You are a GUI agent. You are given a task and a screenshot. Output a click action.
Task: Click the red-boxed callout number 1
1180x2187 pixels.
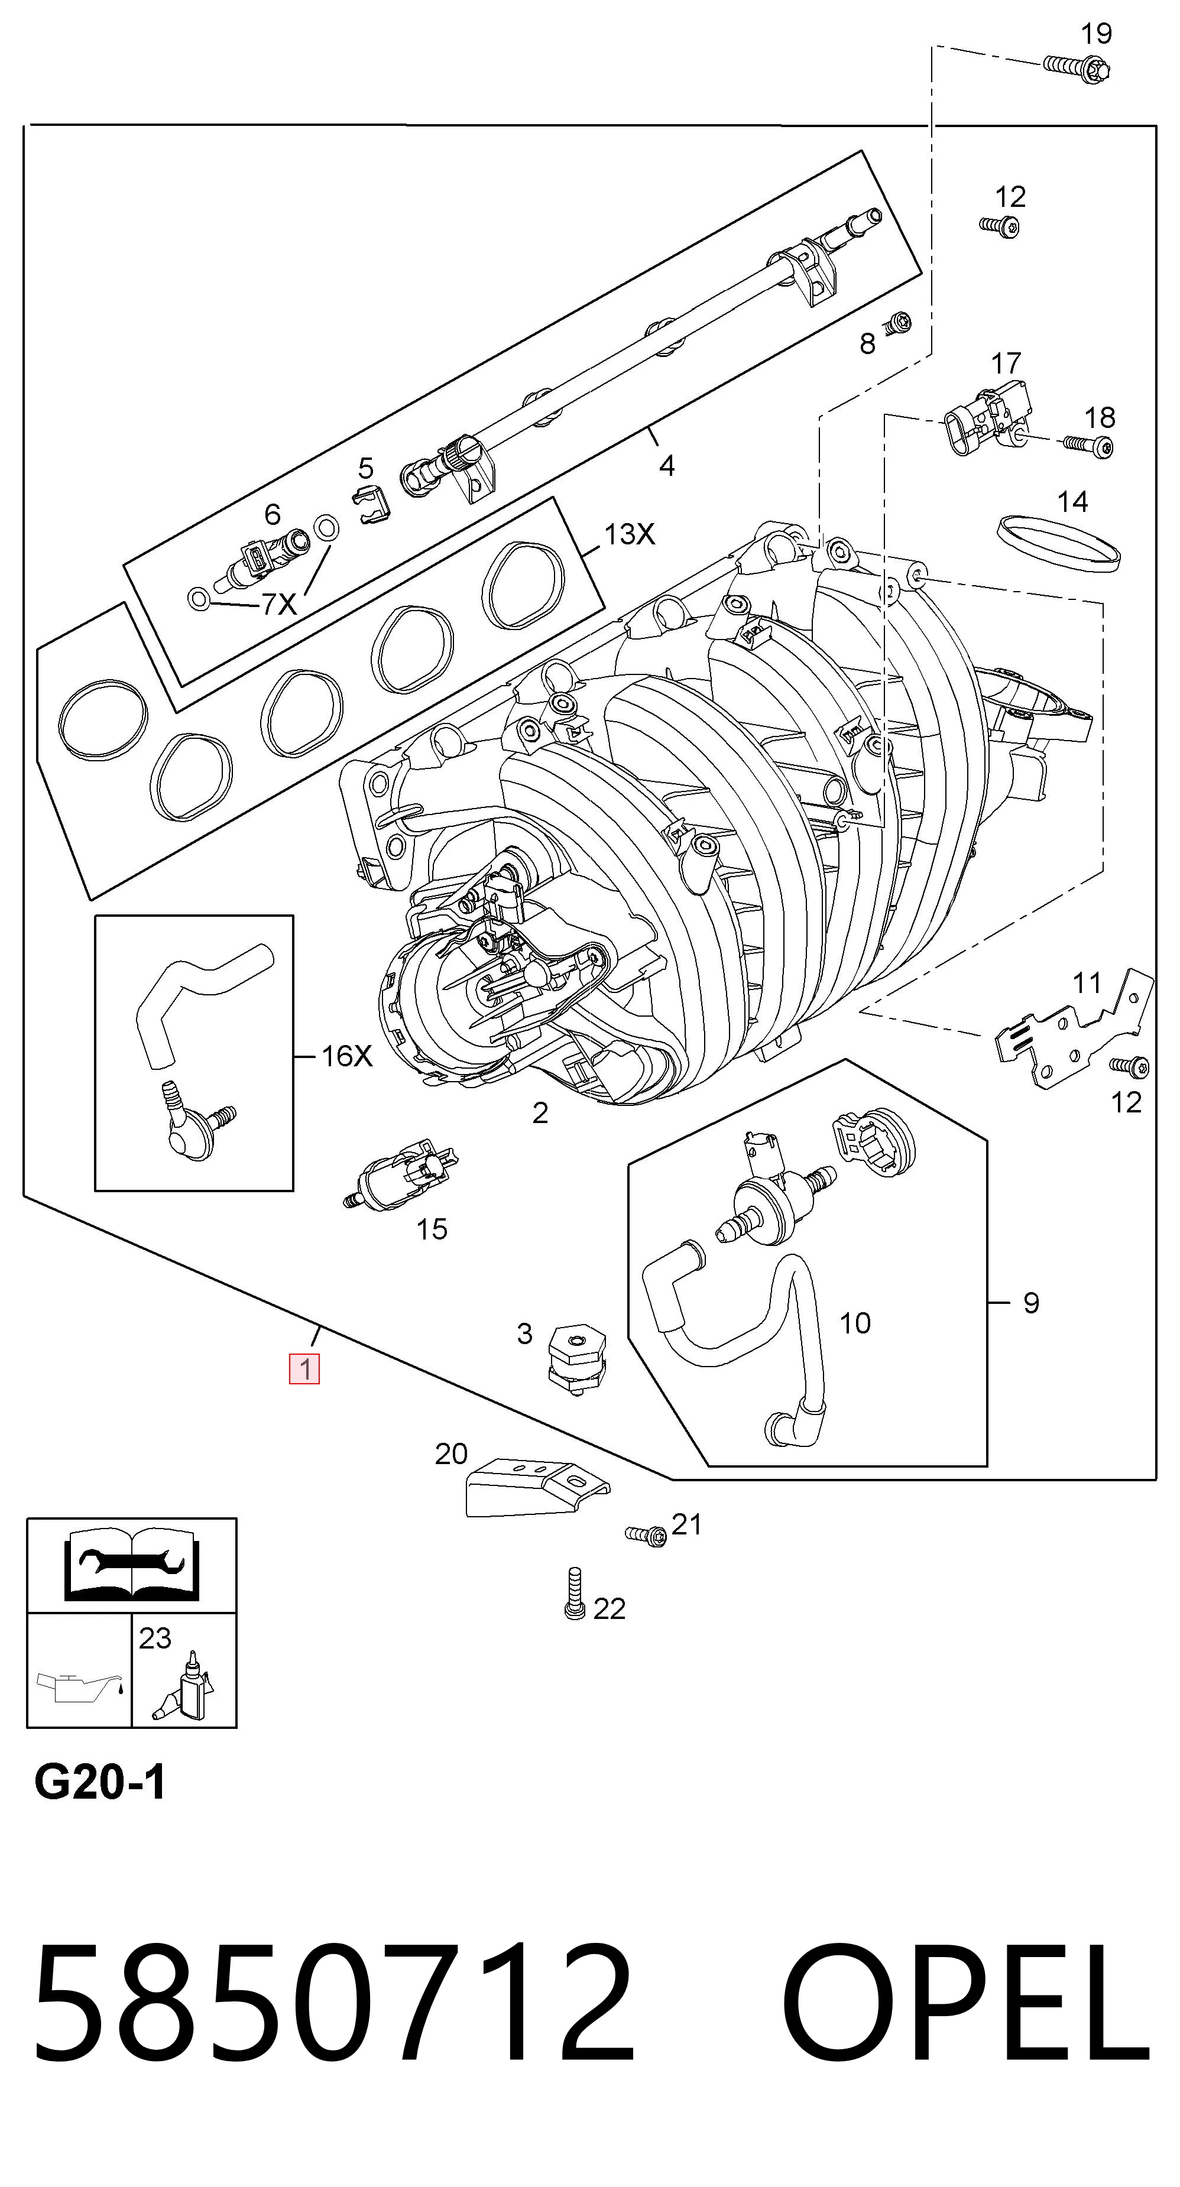click(x=304, y=1370)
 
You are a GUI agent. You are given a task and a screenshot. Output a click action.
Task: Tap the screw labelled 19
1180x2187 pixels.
click(x=1075, y=66)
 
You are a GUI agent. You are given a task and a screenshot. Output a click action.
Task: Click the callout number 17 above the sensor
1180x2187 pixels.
click(x=1006, y=364)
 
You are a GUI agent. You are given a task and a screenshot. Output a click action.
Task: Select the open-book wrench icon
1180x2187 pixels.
click(x=132, y=1564)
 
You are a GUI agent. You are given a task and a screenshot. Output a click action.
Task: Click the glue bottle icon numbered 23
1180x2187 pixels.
click(x=183, y=1685)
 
